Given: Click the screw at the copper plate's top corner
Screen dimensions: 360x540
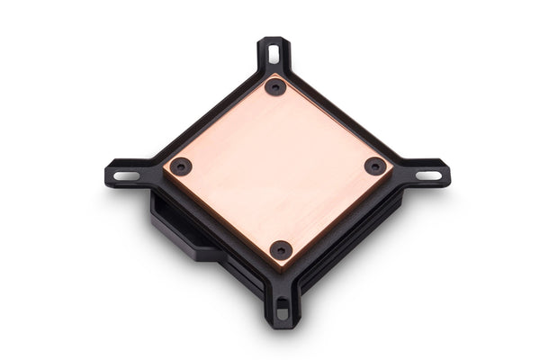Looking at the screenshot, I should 275,87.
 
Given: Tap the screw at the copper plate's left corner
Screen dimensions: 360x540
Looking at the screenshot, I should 180,166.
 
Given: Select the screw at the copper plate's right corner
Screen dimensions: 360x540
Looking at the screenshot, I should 375,166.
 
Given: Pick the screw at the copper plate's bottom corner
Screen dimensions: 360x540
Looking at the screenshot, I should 281,249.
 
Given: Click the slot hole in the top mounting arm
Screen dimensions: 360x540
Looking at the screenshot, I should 274,54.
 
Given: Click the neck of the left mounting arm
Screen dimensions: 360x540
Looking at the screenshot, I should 153,171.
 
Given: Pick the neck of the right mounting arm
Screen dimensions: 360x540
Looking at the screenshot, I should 403,170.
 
